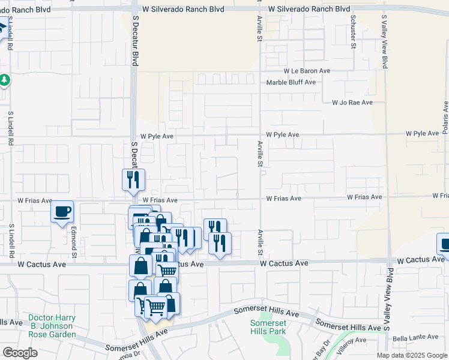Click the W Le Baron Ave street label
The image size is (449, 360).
point(307,71)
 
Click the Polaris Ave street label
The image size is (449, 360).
point(445,118)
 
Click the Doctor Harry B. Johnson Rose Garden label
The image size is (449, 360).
point(52,326)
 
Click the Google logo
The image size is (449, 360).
point(20,352)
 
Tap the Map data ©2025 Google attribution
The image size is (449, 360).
point(412,355)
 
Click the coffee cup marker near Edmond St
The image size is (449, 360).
point(62,212)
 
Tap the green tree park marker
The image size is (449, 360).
point(4,79)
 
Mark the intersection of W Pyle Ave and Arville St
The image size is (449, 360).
point(260,135)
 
